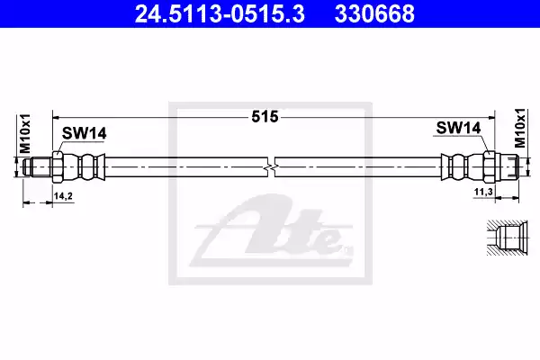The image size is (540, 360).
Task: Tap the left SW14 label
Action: point(84,133)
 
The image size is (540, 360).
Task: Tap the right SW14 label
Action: point(458,129)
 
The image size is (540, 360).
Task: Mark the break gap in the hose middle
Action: point(272,167)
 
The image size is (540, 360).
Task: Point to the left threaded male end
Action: point(38,167)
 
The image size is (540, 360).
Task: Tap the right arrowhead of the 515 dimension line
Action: point(491,116)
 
